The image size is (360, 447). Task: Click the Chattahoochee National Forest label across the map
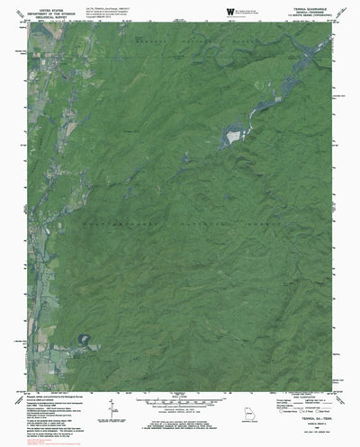(180, 225)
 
